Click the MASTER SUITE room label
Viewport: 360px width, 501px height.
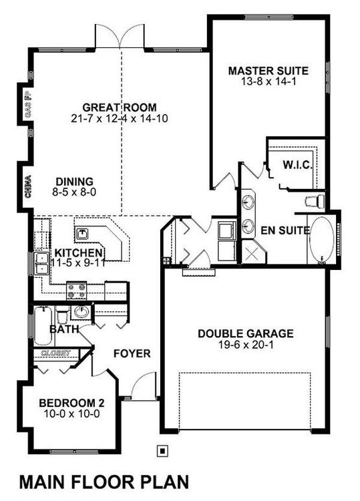(x=268, y=71)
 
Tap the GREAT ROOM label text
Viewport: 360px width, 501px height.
(x=120, y=108)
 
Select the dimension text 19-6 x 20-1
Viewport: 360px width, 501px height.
(x=246, y=345)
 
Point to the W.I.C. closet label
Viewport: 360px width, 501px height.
(x=297, y=165)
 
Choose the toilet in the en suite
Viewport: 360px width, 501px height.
(x=315, y=201)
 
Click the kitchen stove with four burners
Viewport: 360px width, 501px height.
(x=77, y=291)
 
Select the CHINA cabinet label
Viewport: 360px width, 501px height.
(x=28, y=186)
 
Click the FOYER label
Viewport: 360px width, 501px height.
(x=132, y=353)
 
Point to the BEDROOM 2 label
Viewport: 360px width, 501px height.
(x=71, y=403)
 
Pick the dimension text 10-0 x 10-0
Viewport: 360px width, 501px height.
(x=71, y=414)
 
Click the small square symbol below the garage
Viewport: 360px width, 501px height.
(x=162, y=451)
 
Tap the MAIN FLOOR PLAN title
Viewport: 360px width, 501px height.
(x=104, y=482)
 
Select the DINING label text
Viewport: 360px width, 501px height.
(x=75, y=182)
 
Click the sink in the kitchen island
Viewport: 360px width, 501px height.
(x=82, y=234)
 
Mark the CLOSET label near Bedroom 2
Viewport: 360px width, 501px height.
(x=55, y=353)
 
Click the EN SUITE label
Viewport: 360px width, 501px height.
(x=285, y=230)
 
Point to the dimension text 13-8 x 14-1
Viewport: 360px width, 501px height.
(x=268, y=81)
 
